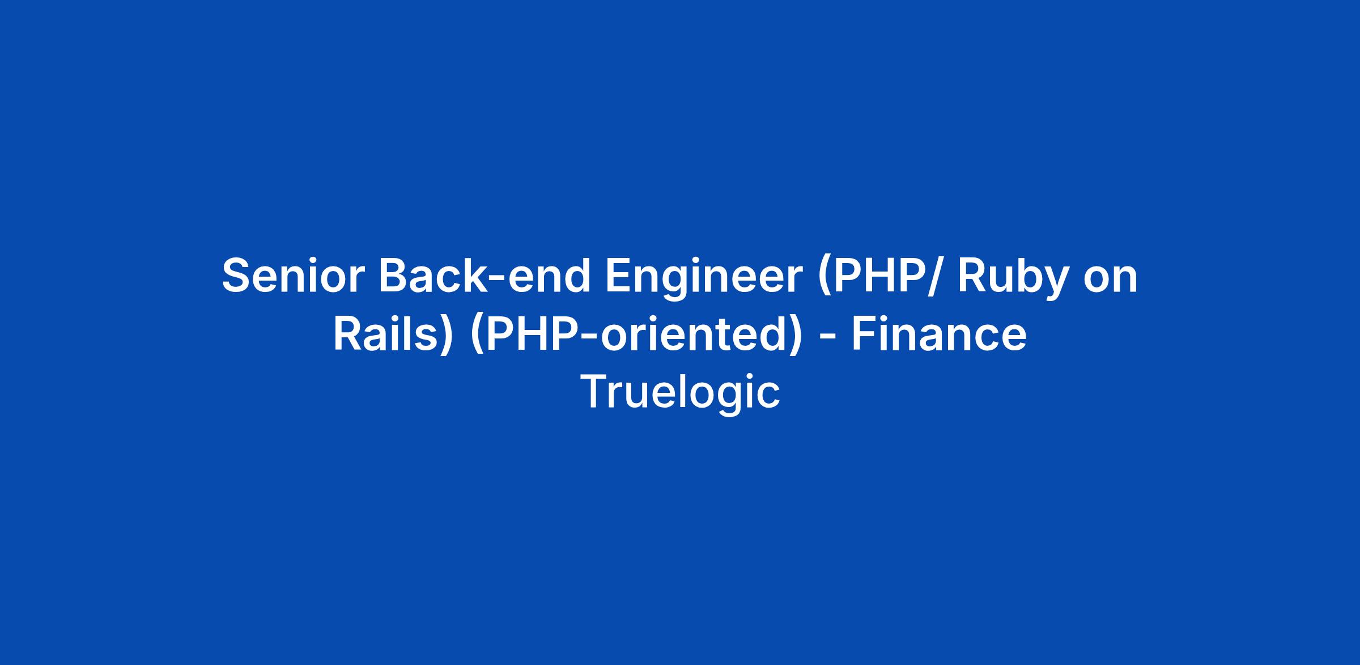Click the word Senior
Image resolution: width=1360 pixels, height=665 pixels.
293,276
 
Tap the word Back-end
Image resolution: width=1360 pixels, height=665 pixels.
485,276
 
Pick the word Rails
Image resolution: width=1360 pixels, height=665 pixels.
386,334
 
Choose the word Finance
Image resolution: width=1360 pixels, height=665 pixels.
939,334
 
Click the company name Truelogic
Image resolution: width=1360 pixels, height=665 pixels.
680,393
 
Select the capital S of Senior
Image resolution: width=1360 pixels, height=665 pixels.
237,276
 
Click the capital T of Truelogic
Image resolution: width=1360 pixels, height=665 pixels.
594,392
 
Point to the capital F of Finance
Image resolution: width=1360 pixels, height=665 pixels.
865,334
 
